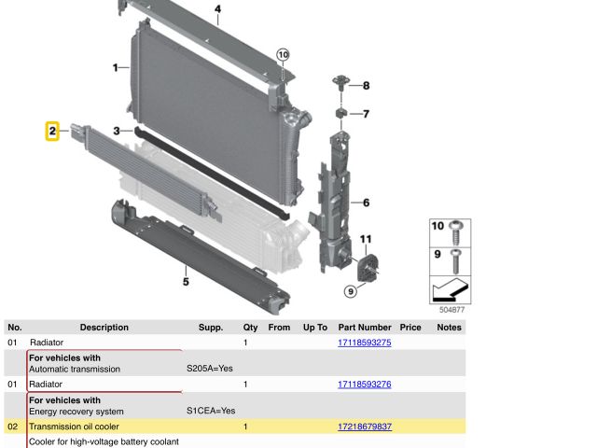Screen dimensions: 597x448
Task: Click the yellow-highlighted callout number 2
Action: [52, 131]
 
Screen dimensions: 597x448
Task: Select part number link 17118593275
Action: [365, 343]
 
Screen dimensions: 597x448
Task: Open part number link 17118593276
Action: [365, 385]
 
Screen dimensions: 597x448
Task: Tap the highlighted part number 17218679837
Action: [365, 427]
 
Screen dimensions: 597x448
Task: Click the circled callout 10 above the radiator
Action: [283, 55]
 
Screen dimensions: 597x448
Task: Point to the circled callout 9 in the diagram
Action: [351, 292]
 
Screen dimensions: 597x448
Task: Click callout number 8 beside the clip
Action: [366, 86]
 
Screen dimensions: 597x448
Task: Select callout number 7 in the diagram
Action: [366, 114]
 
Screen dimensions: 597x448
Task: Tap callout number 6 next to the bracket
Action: [366, 203]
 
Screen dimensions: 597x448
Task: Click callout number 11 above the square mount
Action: [366, 239]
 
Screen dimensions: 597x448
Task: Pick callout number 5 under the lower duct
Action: [186, 282]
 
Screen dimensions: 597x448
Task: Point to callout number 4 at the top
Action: [217, 9]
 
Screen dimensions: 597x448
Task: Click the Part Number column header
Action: [365, 328]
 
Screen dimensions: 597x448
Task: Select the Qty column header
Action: [251, 328]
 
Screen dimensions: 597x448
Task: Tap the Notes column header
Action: [450, 328]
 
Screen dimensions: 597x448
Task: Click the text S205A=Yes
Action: [210, 369]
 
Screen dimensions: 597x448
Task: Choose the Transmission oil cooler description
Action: [74, 427]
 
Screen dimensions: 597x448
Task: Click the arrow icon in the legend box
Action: [451, 289]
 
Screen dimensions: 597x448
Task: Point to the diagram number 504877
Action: [451, 310]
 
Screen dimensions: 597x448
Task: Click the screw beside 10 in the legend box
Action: [456, 232]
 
